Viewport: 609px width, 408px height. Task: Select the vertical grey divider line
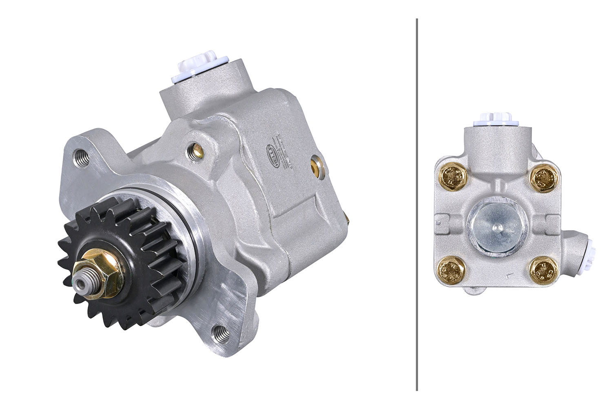416,204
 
